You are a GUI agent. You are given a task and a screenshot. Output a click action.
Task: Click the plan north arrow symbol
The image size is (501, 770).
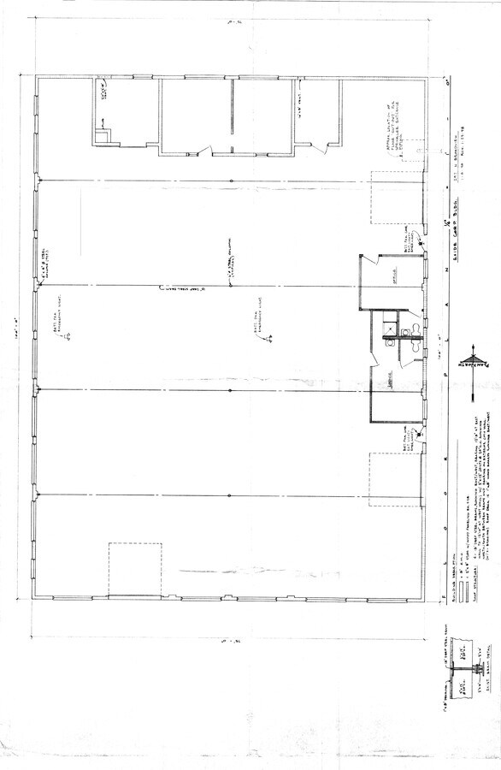[x=469, y=361]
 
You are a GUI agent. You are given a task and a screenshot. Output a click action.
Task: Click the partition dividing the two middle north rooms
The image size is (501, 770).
[x=232, y=117]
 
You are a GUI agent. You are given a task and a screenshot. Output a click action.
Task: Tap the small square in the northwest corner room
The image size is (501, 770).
[x=103, y=133]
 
